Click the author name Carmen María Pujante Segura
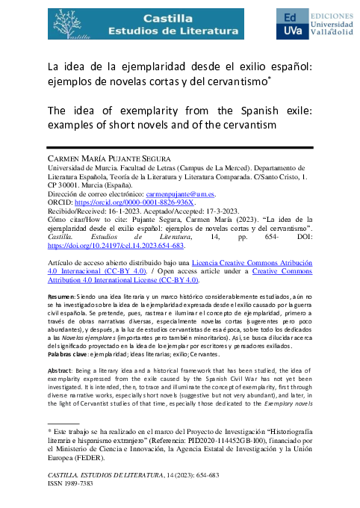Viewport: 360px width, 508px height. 120,160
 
